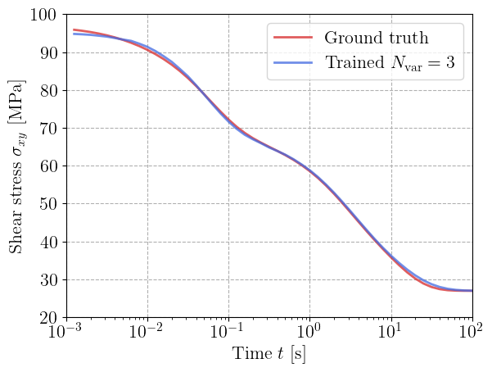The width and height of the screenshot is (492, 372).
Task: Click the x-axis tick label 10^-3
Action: coord(66,333)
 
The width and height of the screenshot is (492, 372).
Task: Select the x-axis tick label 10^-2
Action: coord(147,333)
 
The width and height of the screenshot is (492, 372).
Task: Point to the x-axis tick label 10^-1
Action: coord(228,333)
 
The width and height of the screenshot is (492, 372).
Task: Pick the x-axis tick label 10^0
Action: coord(310,333)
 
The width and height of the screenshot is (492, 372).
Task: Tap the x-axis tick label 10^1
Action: coord(391,333)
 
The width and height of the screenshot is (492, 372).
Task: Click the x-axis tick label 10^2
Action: coord(472,333)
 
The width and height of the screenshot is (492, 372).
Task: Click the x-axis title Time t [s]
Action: coord(269,355)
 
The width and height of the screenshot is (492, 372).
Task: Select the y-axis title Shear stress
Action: coord(17,166)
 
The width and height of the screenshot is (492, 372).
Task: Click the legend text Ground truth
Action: coord(377,38)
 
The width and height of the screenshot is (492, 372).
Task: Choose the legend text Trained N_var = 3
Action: coord(390,63)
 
